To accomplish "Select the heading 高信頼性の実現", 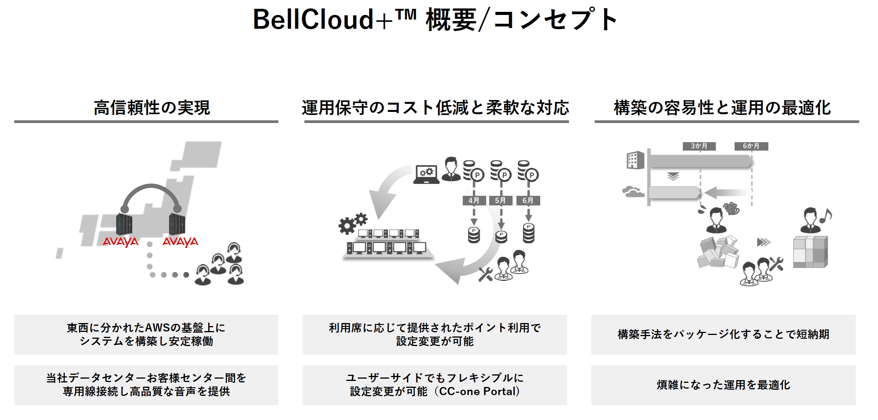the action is [x=152, y=108].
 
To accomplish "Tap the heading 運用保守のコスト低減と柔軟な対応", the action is [x=436, y=108].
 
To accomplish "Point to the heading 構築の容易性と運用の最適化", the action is [x=722, y=108].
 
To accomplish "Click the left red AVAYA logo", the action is [x=120, y=242].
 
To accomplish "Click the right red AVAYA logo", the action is [x=180, y=242].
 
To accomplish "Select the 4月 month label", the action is [x=474, y=200].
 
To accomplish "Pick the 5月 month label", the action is [x=500, y=200].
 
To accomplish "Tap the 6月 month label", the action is [x=528, y=200].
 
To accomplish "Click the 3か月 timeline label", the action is [x=699, y=146].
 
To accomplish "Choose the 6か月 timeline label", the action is [x=751, y=146].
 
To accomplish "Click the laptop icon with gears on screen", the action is [x=426, y=174].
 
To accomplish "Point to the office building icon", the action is [x=635, y=160].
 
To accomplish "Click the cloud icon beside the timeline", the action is [x=633, y=191].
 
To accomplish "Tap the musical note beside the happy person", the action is [x=826, y=216].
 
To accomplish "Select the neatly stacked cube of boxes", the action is [x=811, y=252].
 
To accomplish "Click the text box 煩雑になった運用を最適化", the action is [x=723, y=385].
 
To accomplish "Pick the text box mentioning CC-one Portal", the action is [x=434, y=385].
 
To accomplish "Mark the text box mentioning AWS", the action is [x=146, y=335].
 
